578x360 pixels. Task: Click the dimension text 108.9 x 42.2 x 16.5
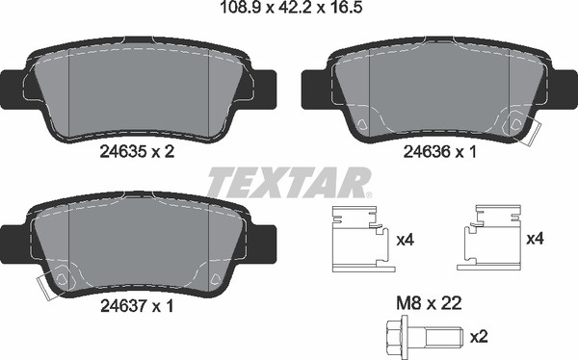coord(291,8)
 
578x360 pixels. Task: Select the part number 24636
coord(427,151)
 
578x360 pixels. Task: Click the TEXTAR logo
coord(289,182)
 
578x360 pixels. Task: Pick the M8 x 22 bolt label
coord(429,303)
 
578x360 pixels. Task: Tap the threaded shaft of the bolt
coord(444,336)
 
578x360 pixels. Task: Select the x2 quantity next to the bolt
coord(479,337)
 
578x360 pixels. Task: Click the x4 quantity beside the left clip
coord(406,241)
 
